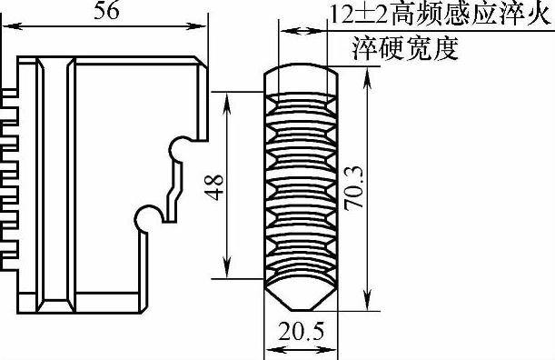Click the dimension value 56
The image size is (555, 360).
click(x=106, y=12)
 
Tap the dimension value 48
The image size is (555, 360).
click(x=214, y=187)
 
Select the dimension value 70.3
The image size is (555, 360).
click(x=354, y=188)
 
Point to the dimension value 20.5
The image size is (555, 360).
click(x=302, y=332)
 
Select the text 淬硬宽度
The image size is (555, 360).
click(x=406, y=48)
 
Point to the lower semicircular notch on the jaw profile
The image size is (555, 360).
click(x=147, y=218)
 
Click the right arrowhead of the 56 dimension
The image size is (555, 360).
click(x=197, y=26)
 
